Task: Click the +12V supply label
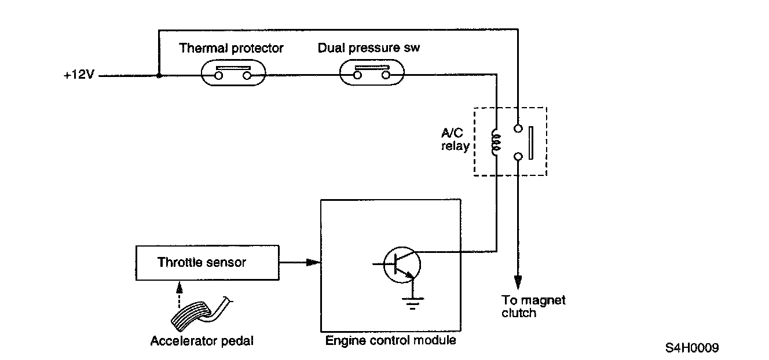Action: pyautogui.click(x=79, y=76)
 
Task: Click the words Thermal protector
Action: pyautogui.click(x=231, y=48)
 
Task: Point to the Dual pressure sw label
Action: pyautogui.click(x=368, y=48)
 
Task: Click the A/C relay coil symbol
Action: pyautogui.click(x=496, y=141)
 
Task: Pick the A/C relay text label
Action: pyautogui.click(x=455, y=141)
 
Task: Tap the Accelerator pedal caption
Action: pyautogui.click(x=202, y=341)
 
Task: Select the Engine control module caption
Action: pyautogui.click(x=390, y=340)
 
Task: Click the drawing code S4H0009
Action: pyautogui.click(x=692, y=348)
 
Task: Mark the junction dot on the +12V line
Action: pyautogui.click(x=159, y=76)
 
